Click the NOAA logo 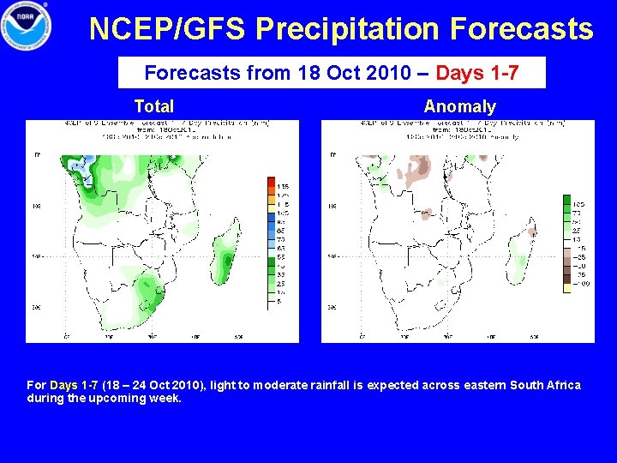tap(27, 26)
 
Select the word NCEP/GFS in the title tap(168, 30)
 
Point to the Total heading tap(154, 106)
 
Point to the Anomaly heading tap(459, 106)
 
